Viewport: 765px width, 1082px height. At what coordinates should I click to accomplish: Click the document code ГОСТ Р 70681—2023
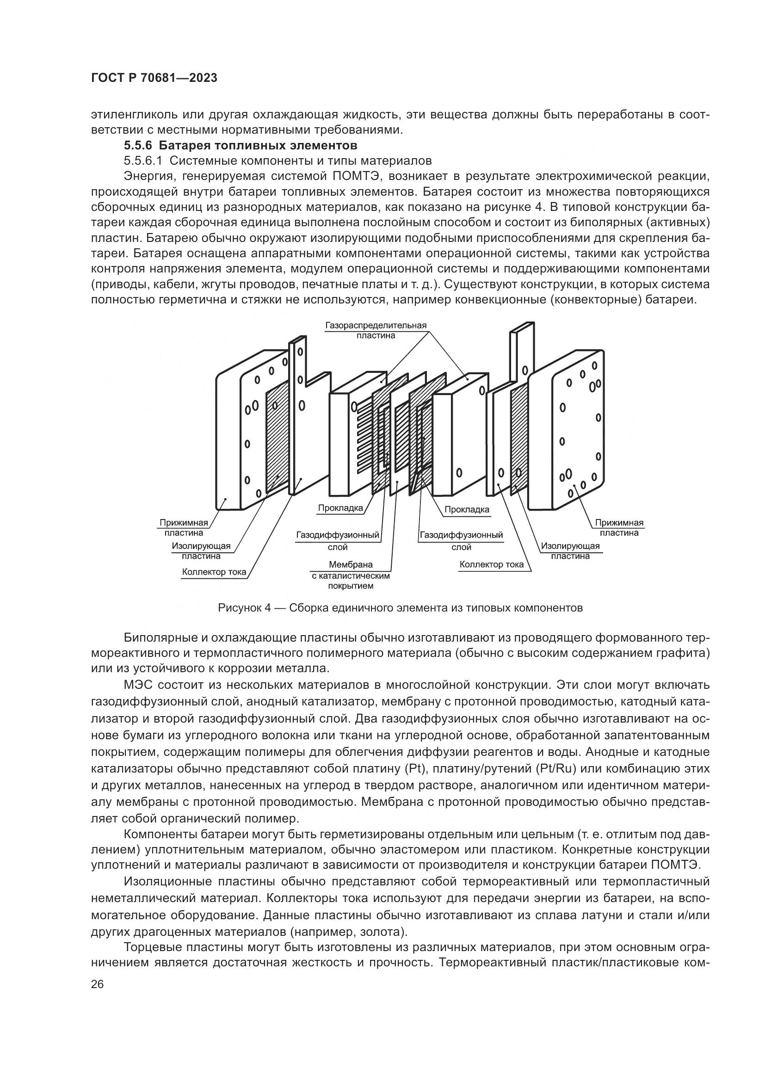point(154,78)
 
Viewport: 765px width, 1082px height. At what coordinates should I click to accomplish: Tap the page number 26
point(98,984)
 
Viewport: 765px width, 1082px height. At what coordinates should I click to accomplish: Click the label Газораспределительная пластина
point(376,330)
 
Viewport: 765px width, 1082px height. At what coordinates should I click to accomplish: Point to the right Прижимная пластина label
point(619,527)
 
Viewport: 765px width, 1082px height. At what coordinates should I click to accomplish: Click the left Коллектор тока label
point(214,572)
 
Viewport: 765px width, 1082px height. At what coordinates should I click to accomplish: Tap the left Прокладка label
point(340,508)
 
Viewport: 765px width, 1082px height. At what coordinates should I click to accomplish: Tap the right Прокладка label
point(467,509)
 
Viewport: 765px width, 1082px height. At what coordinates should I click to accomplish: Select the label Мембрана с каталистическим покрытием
point(351,575)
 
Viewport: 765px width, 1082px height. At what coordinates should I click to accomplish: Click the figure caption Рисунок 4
point(400,608)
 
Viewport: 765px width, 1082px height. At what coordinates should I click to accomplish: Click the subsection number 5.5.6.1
point(143,161)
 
